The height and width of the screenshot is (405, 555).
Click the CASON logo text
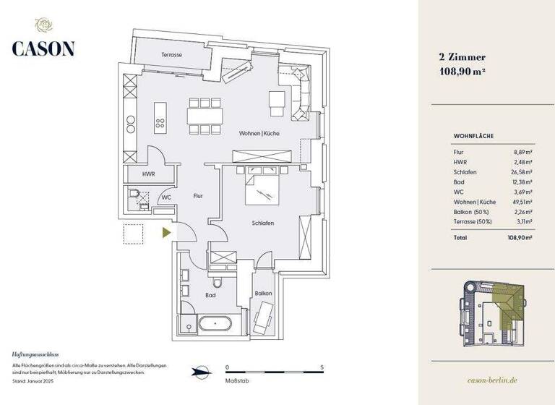43,48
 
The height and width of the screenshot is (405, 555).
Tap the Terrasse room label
171,55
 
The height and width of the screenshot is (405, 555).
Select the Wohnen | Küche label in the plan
259,134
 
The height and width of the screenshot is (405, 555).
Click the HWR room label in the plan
148,175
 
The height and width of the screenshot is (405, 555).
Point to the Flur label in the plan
199,195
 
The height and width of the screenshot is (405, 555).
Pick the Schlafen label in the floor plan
262,223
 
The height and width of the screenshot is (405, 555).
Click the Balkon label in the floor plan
263,293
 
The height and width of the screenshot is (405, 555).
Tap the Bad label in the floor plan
210,296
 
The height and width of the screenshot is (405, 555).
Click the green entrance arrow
167,232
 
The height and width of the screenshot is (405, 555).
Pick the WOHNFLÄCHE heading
473,135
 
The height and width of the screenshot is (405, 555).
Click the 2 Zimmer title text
462,56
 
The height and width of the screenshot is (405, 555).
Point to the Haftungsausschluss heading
34,356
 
